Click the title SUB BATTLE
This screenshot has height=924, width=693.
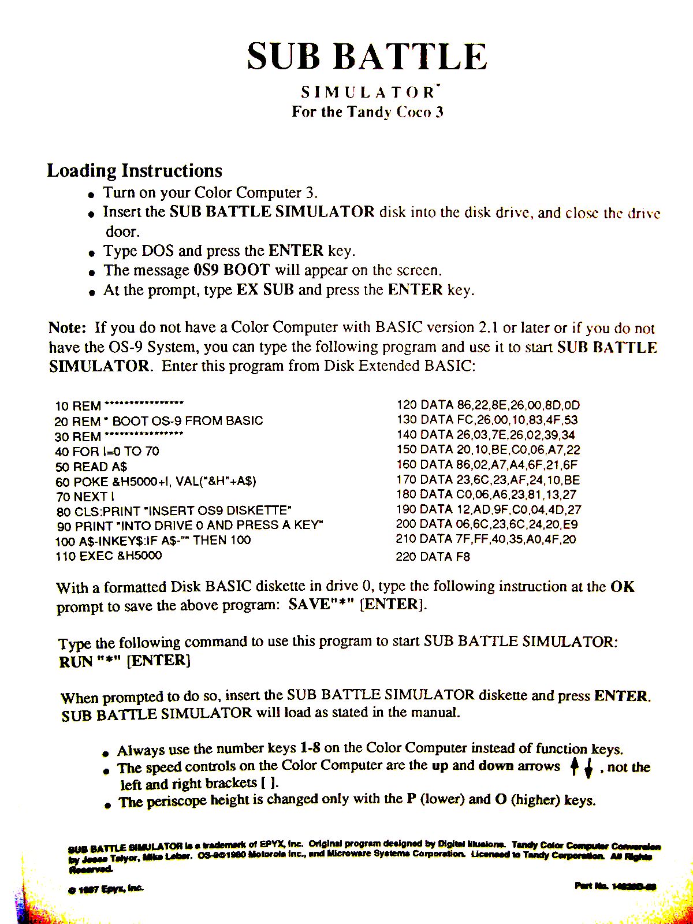pyautogui.click(x=367, y=57)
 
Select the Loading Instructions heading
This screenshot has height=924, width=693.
pyautogui.click(x=135, y=171)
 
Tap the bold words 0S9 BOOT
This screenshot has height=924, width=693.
pyautogui.click(x=230, y=270)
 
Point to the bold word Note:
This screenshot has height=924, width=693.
pyautogui.click(x=67, y=328)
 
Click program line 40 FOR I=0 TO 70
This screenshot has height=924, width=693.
pyautogui.click(x=107, y=451)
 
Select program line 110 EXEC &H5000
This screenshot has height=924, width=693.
pyautogui.click(x=109, y=556)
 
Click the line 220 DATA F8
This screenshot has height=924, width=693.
pyautogui.click(x=433, y=557)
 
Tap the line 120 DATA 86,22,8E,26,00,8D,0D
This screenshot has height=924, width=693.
pyautogui.click(x=488, y=405)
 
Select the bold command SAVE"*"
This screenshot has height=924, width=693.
pyautogui.click(x=321, y=605)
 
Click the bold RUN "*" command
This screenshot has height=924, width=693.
pyautogui.click(x=90, y=661)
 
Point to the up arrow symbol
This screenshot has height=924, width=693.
pyautogui.click(x=574, y=767)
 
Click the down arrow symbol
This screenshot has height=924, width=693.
pyautogui.click(x=588, y=769)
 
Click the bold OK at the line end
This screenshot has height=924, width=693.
pyautogui.click(x=623, y=587)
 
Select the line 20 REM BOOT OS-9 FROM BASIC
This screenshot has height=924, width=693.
pyautogui.click(x=159, y=421)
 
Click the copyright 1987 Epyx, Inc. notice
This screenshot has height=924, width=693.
pyautogui.click(x=106, y=889)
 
